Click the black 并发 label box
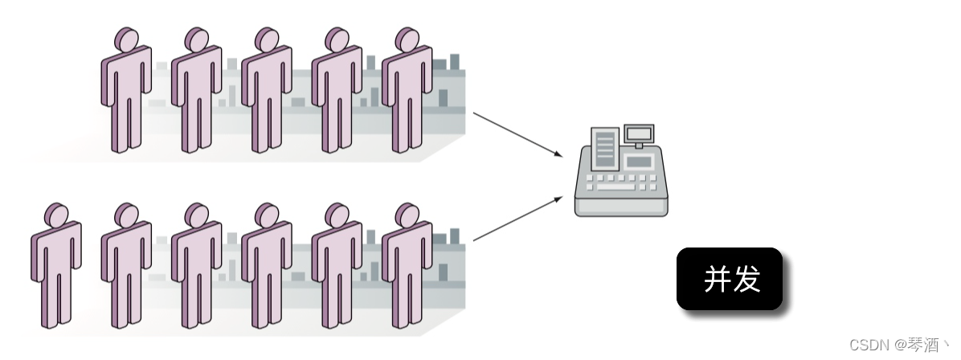tap(729, 279)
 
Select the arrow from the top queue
tap(516, 134)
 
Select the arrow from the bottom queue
tap(516, 219)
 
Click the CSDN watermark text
tap(899, 346)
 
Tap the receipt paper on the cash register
tap(603, 148)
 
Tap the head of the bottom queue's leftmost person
tap(57, 215)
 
